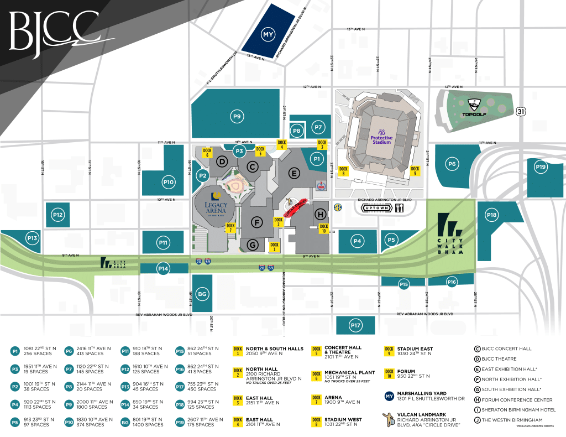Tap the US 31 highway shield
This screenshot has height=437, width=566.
click(x=520, y=111)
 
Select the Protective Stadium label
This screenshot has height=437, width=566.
click(x=381, y=136)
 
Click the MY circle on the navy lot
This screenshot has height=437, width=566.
click(x=269, y=35)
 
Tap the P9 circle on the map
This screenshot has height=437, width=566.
click(x=237, y=116)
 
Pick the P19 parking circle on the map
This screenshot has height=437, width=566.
click(x=541, y=167)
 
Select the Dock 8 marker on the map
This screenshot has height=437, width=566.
click(x=344, y=171)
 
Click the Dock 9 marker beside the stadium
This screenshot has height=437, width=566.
click(x=415, y=171)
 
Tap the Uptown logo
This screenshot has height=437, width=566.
click(x=377, y=208)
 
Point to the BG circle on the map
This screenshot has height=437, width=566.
click(x=202, y=294)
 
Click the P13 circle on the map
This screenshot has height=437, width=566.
click(x=32, y=238)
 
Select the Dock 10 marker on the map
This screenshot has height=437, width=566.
click(x=324, y=228)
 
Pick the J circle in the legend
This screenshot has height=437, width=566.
click(x=477, y=419)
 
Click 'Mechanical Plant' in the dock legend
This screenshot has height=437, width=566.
click(x=350, y=373)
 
